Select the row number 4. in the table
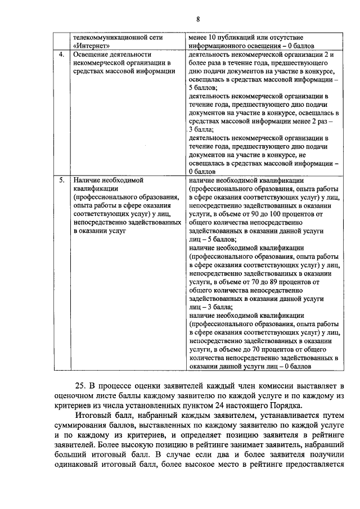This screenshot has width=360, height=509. pyautogui.click(x=61, y=55)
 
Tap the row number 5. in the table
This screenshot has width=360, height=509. pyautogui.click(x=61, y=181)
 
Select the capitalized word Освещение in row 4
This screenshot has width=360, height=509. pyautogui.click(x=91, y=55)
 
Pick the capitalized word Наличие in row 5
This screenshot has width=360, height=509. pyautogui.click(x=87, y=181)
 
